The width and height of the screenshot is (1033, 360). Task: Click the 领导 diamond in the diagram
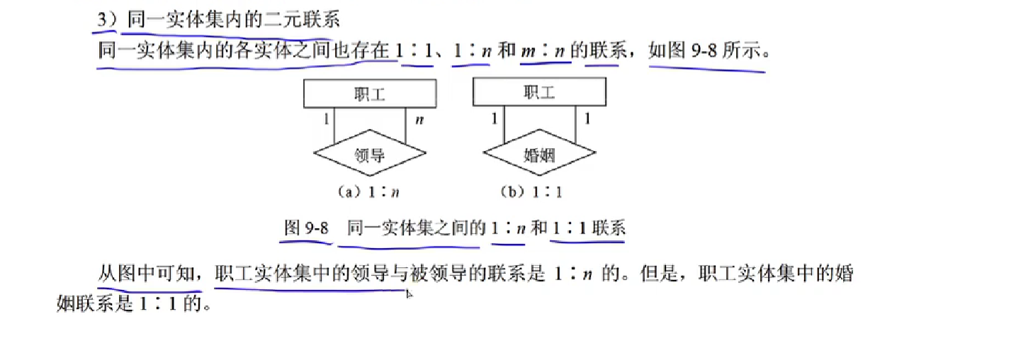(x=369, y=154)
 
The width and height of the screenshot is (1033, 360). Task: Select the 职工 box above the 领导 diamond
(x=369, y=94)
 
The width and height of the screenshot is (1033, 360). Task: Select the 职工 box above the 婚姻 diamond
(x=538, y=94)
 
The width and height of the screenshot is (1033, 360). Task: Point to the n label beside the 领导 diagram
(x=419, y=119)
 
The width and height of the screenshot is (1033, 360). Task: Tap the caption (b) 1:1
(x=534, y=191)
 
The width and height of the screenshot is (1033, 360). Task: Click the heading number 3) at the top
(x=108, y=19)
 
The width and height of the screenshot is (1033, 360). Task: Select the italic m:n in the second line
(x=546, y=51)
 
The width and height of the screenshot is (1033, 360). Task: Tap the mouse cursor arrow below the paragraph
(x=409, y=293)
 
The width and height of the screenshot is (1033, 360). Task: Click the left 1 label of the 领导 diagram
(x=326, y=119)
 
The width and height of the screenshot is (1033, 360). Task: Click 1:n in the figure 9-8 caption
(x=507, y=228)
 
